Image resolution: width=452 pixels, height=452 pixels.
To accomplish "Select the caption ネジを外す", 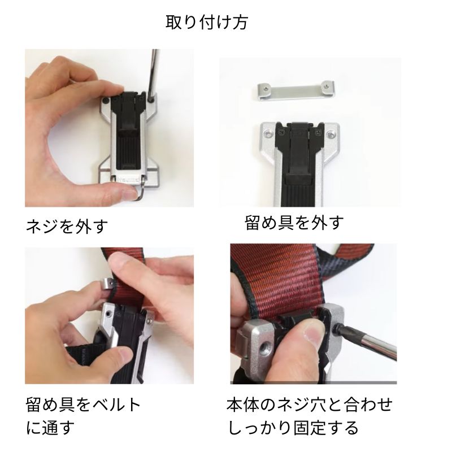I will click(x=67, y=227).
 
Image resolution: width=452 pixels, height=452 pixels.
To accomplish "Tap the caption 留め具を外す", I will click(x=294, y=222).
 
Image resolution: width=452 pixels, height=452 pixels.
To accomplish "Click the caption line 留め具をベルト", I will click(x=83, y=405).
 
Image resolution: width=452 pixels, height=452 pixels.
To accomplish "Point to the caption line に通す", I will click(x=50, y=428).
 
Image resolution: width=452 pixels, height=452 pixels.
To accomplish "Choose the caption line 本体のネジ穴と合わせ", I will click(x=309, y=405).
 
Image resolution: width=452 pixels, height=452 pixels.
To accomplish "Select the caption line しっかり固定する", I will click(x=293, y=428).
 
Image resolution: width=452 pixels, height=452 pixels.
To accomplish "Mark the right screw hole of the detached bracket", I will click(x=325, y=86).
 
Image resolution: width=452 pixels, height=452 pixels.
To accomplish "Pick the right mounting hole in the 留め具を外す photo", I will click(x=332, y=134).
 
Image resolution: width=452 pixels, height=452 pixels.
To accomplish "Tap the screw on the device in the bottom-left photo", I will click(x=107, y=311).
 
